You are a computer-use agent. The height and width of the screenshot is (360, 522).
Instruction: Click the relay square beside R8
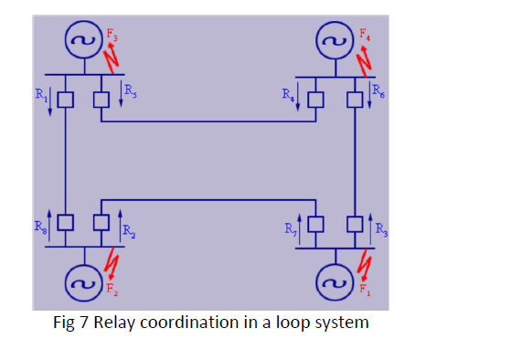coord(65,222)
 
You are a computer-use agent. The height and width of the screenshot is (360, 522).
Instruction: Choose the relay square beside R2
coord(102,222)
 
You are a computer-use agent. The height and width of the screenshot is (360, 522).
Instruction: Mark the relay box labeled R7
coord(317,222)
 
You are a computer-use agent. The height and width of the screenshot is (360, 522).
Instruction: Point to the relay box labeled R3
coord(355,222)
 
